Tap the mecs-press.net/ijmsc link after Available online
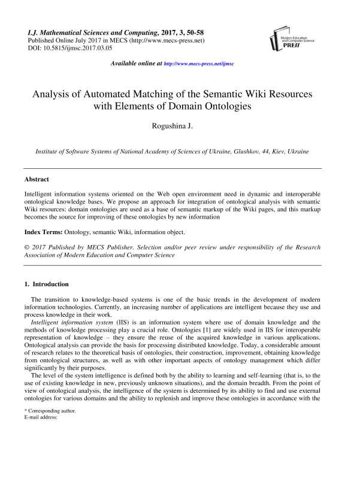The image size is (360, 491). [199, 63]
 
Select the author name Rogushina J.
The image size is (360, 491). [180, 126]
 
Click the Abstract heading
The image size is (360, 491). [36, 179]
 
